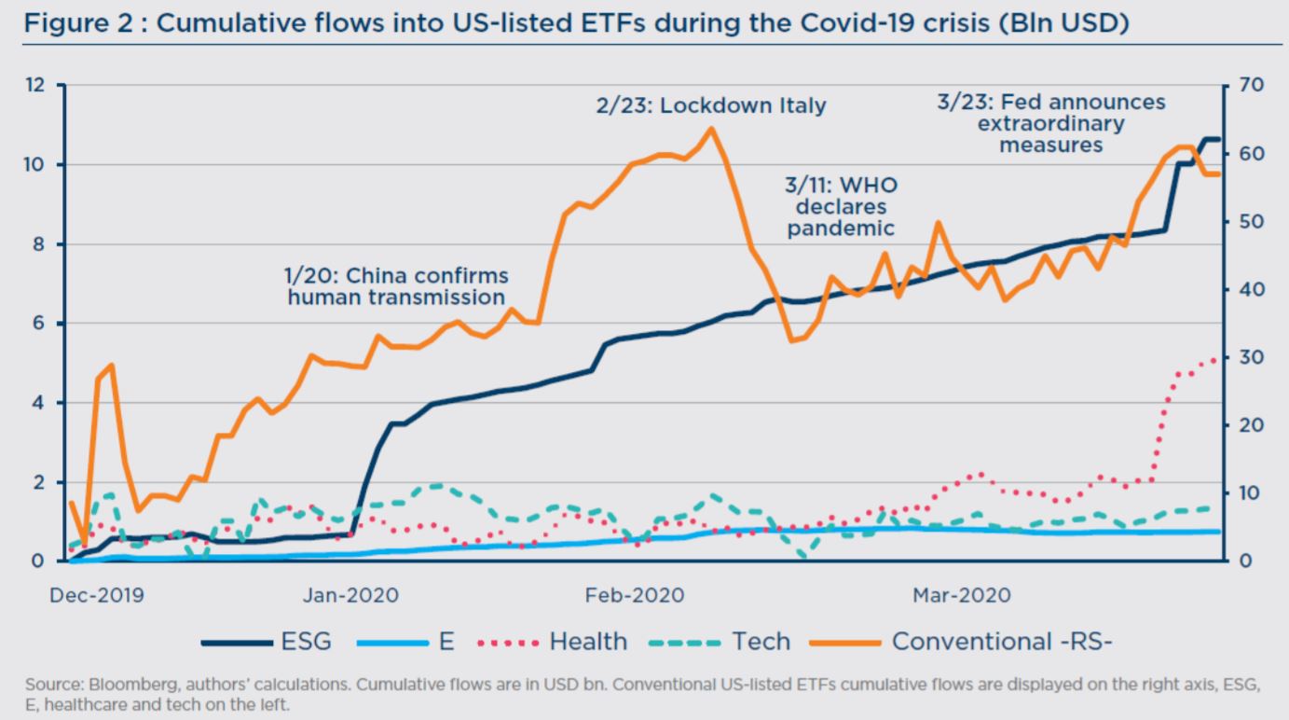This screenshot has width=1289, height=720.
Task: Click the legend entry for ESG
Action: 267,642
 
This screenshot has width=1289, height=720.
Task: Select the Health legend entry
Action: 553,642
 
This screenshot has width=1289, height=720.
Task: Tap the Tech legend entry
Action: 720,642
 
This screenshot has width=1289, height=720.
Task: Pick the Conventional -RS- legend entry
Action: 961,642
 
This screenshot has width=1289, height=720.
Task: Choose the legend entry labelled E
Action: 405,642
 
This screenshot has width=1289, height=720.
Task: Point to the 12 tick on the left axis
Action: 35,85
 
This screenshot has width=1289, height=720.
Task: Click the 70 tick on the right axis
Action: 1252,85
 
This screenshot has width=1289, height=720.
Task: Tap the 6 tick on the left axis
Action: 38,323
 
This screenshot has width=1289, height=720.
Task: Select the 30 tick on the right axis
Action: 1252,357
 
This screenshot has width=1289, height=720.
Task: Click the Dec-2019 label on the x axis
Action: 97,595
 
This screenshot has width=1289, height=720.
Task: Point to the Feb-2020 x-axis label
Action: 635,595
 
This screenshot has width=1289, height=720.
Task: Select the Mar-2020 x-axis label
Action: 962,595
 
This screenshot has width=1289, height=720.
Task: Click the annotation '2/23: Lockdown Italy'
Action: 711,105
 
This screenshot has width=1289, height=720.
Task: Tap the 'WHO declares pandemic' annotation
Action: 841,207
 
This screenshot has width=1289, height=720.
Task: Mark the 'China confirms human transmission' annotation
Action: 396,286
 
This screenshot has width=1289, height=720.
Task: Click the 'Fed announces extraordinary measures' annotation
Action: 1051,123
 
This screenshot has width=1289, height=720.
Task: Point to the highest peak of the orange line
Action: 711,129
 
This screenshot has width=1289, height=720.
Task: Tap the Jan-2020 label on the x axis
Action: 350,595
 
